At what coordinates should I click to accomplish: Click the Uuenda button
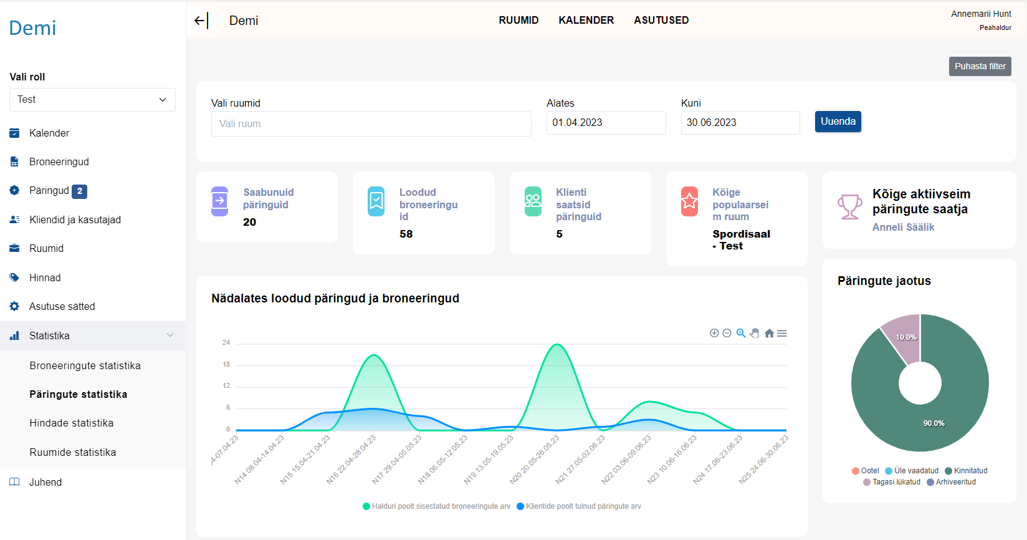click(x=838, y=122)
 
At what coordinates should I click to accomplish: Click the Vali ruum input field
click(x=371, y=123)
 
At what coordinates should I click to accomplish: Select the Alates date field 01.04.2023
click(x=606, y=123)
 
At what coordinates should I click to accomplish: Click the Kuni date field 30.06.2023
click(x=740, y=123)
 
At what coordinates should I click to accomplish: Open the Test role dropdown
click(x=92, y=100)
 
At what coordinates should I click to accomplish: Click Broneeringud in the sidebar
click(x=59, y=162)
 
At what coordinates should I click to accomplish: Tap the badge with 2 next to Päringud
click(x=79, y=191)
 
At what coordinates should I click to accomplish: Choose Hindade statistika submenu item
click(x=72, y=423)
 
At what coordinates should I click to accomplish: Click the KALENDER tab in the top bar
click(x=586, y=21)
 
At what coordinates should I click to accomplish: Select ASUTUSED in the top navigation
click(x=661, y=21)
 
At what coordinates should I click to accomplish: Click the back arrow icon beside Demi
click(x=200, y=21)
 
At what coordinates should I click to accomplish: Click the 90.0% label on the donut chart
click(x=934, y=423)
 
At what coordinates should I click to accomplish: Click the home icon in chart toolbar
click(x=769, y=334)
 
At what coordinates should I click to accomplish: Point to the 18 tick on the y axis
click(x=226, y=364)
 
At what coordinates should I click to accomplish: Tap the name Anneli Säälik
click(x=903, y=228)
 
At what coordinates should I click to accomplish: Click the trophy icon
click(x=849, y=207)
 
